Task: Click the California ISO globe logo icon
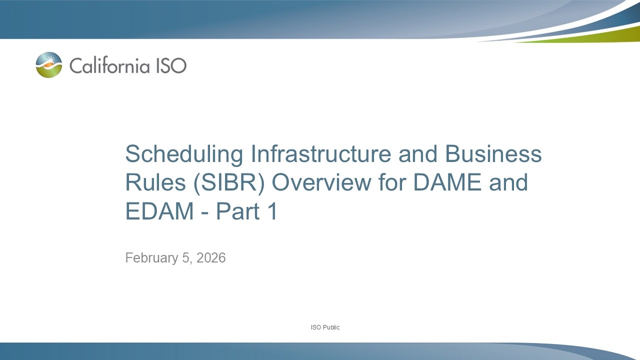coord(49,65)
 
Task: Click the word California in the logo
coord(106,65)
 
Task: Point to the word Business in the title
coord(493,154)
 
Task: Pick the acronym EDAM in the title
coord(159,212)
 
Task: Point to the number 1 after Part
coord(272,212)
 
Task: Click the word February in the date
coord(151,258)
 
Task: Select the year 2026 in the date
coord(211,258)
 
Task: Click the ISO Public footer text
coord(325,327)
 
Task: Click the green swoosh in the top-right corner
coord(600,36)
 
